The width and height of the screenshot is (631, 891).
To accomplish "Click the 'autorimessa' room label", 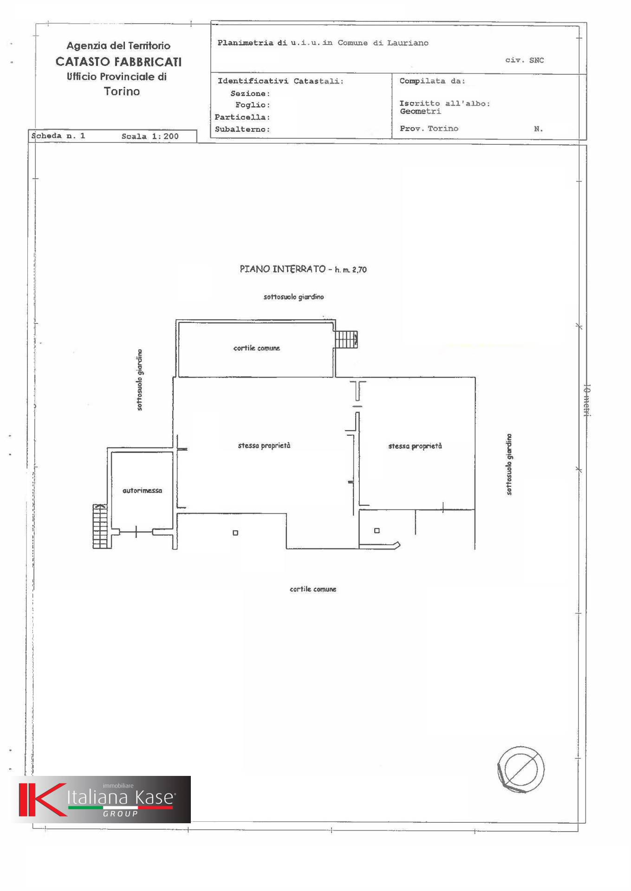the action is coord(142,491).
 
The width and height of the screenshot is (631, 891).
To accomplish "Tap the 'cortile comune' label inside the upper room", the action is coord(256,348).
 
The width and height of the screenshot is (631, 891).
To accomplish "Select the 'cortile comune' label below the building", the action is coord(313,589).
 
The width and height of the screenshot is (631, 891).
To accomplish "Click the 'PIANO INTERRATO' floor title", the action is coord(282,269).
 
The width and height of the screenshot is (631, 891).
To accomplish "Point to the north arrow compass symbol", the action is coord(520,769).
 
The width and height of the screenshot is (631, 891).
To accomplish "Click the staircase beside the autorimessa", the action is coord(100,526).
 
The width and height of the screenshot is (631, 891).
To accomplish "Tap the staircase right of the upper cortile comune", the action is coord(346,339).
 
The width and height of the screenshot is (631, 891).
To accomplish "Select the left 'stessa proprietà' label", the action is coord(264,445).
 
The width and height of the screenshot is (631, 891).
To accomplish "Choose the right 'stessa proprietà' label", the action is coord(415,446).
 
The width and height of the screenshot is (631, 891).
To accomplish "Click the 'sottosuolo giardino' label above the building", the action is coord(293,297).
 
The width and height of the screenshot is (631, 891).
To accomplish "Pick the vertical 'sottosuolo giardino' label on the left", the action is coord(140,380).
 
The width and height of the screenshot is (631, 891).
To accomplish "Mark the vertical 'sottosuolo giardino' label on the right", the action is coord(509,464).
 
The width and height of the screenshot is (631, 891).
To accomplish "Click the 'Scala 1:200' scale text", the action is coord(150,136).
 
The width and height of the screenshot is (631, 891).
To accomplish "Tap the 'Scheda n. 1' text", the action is coord(58,136).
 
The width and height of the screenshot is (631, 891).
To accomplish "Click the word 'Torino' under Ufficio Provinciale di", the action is coord(122,91).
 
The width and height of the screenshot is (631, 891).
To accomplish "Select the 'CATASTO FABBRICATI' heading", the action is coord(118,62).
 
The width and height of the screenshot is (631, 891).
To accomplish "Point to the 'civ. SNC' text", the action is coord(525,60).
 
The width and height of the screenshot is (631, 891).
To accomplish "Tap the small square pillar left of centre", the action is coord(235,533).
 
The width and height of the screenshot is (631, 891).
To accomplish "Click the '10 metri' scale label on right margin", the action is coord(586,400).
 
